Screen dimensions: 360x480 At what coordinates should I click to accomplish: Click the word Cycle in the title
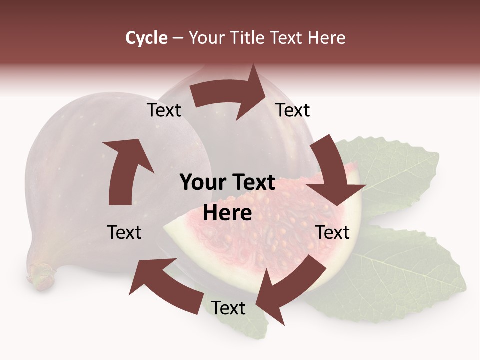[146, 38]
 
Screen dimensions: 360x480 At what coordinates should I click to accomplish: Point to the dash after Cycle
[177, 38]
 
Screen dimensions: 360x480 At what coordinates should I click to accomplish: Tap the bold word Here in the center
[227, 213]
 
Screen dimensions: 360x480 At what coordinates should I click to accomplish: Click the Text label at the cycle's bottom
[228, 308]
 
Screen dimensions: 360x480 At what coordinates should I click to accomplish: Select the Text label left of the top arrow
[164, 110]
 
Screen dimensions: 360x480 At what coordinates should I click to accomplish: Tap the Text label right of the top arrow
[293, 110]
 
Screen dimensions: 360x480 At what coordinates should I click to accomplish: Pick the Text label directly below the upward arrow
[125, 232]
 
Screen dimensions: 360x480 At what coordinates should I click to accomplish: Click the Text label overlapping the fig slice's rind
[333, 232]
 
